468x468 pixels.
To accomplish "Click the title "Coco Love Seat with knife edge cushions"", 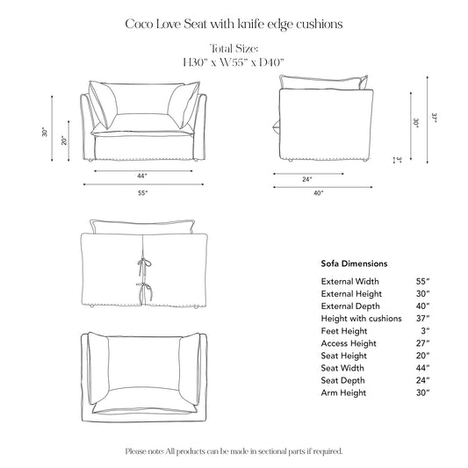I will pos(234,24).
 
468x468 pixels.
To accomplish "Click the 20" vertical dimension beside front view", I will pos(63,140).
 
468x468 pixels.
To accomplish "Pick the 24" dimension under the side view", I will pos(307,179).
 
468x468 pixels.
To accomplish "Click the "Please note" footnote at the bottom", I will pos(234,450).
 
